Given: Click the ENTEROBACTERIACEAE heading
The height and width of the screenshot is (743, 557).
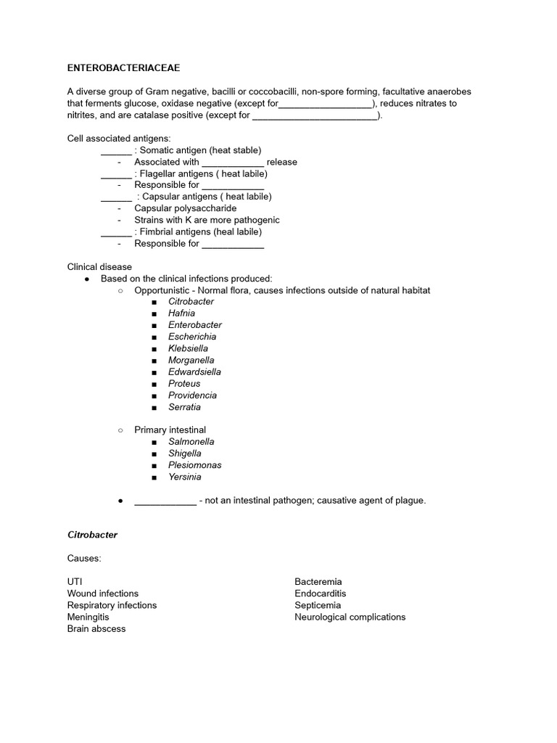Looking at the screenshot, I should click(123, 68).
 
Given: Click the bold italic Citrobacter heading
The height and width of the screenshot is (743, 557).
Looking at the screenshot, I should click(92, 535).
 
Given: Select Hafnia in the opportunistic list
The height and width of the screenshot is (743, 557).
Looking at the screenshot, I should click(183, 313).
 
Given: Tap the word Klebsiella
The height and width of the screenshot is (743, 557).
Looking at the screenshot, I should click(188, 348).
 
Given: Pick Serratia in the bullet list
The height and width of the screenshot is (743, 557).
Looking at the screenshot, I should click(184, 407).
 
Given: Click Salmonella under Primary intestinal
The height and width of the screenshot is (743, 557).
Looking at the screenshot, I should click(191, 441).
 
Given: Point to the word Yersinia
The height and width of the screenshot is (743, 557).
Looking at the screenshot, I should click(185, 477).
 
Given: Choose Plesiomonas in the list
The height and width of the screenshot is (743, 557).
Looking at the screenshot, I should click(195, 465).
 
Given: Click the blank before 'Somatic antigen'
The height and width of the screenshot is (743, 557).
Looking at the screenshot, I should click(116, 150).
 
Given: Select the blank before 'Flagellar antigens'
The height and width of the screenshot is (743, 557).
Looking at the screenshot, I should click(116, 173).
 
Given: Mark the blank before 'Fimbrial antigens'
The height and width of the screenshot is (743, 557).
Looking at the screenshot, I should click(116, 231).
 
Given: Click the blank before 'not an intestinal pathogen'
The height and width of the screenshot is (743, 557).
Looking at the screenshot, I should click(165, 501).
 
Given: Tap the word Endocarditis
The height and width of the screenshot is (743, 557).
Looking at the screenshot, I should click(321, 594).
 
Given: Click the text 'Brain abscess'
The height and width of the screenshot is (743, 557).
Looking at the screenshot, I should click(96, 628).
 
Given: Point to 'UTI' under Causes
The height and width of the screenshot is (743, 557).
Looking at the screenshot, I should click(75, 582).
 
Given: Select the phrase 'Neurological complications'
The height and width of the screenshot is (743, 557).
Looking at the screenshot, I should click(350, 617).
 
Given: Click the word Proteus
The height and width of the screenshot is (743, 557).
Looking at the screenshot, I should click(184, 383).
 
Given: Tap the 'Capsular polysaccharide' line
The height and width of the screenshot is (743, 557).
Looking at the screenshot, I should click(185, 208).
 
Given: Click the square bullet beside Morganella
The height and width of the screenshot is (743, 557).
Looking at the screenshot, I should click(154, 361).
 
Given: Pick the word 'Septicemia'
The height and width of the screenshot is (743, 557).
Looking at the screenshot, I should click(318, 605).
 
